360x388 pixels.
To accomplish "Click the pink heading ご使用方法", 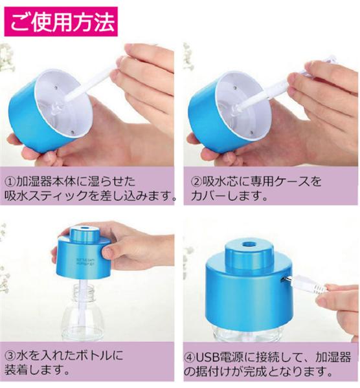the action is click(61, 22).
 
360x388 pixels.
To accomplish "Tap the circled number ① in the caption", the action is click(10, 182).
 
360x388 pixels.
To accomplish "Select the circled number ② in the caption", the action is click(197, 181).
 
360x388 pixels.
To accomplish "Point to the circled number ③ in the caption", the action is click(10, 356).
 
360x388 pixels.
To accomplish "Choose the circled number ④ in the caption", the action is click(190, 358).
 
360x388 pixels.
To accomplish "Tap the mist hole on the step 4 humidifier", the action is click(248, 244).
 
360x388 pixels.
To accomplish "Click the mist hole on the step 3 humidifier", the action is click(84, 227).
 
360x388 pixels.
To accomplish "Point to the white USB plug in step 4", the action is click(308, 285).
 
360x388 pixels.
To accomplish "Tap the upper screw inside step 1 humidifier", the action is click(56, 87).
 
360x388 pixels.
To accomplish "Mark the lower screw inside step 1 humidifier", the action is click(73, 132).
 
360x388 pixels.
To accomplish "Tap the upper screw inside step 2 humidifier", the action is click(234, 87).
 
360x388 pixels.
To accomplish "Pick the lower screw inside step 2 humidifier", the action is click(252, 132).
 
